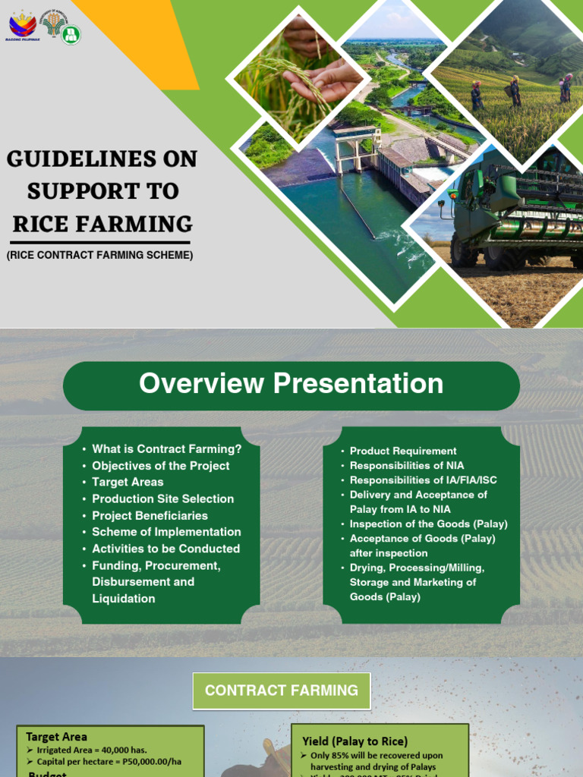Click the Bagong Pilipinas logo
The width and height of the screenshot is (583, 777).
point(21,25)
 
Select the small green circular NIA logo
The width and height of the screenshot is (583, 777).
point(71,34)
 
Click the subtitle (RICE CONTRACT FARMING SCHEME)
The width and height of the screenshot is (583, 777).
point(100,256)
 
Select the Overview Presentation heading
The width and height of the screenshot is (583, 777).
point(291,384)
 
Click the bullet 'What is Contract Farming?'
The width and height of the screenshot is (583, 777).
point(166,449)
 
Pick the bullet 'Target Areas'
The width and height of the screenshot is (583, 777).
point(128,482)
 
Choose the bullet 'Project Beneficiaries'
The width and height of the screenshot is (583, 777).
point(150,515)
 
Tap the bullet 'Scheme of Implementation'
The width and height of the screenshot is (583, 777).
point(166,532)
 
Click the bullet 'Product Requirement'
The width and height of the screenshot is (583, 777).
point(403,451)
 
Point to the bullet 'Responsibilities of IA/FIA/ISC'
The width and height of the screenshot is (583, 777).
point(424,480)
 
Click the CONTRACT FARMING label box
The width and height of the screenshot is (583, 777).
point(282,690)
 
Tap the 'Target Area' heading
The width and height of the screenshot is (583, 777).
point(56,737)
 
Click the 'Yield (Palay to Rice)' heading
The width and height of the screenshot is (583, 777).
point(355,741)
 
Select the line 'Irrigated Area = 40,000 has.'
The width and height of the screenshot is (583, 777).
point(92,750)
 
